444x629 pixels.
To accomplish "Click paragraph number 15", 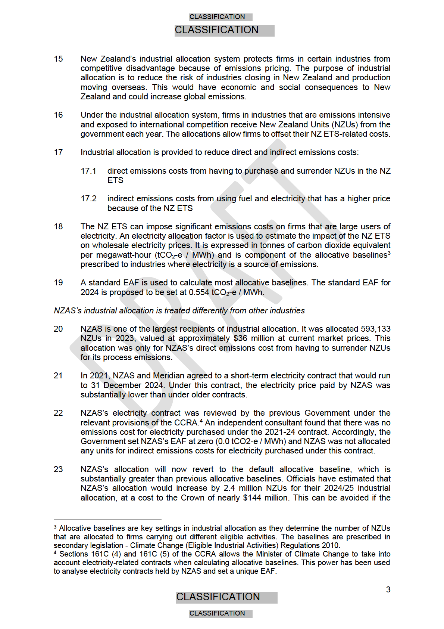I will pyautogui.click(x=58, y=59).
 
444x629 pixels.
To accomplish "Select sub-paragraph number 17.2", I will pyautogui.click(x=88, y=199).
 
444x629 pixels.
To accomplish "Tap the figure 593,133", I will pyautogui.click(x=376, y=329).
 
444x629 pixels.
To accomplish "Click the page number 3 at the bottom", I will pyautogui.click(x=388, y=590).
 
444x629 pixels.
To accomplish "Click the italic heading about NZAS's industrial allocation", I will pyautogui.click(x=179, y=311).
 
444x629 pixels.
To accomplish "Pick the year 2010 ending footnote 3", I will pyautogui.click(x=332, y=545).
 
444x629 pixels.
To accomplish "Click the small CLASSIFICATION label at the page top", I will pyautogui.click(x=217, y=17).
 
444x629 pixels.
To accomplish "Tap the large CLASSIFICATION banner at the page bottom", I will pyautogui.click(x=218, y=597).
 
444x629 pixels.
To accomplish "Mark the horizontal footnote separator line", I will pyautogui.click(x=107, y=520).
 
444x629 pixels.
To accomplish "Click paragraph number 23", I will pyautogui.click(x=58, y=470).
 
